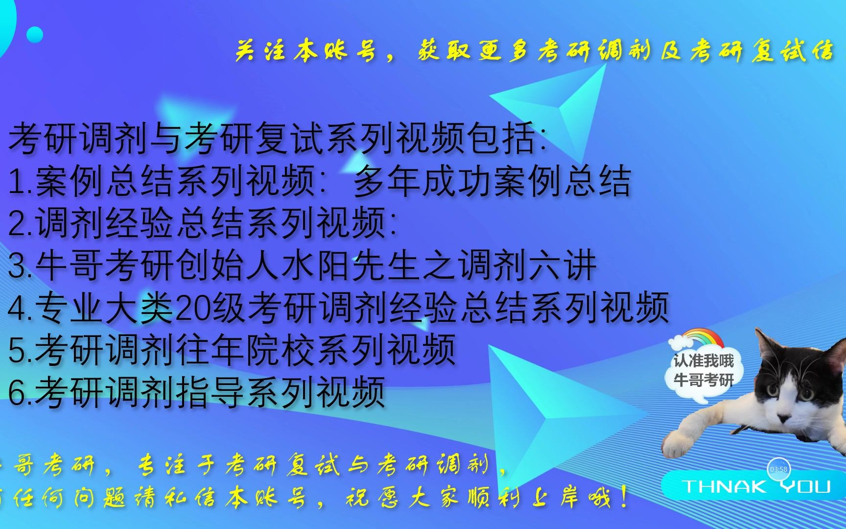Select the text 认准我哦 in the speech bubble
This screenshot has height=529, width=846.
pos(704,361)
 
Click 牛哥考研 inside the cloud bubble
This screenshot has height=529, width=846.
pos(704,379)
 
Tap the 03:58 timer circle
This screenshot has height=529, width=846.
pos(778,469)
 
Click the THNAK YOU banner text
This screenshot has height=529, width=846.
pos(756,486)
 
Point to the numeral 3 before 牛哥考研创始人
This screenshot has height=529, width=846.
pos(17,266)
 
